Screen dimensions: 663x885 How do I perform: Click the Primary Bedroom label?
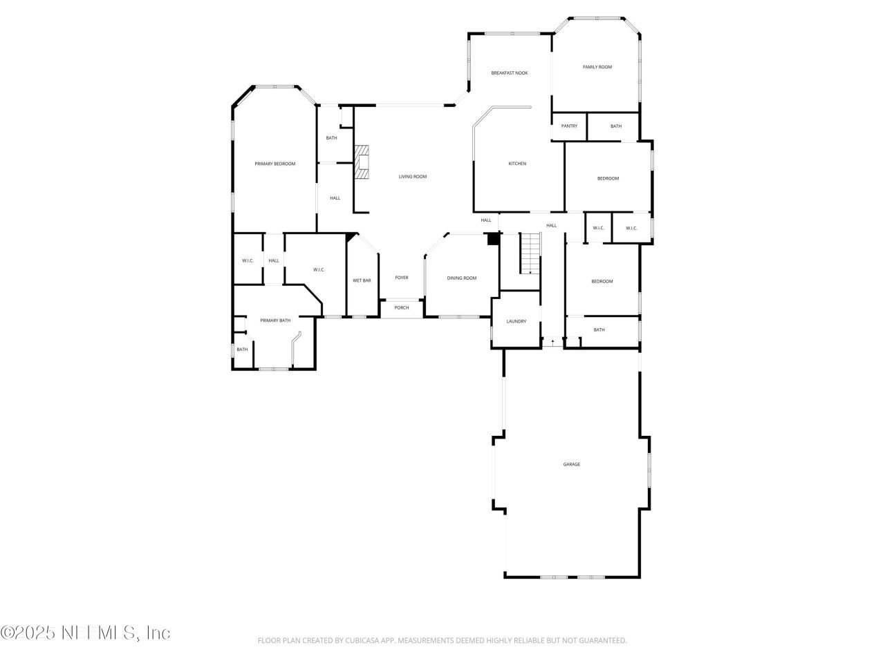click(x=274, y=164)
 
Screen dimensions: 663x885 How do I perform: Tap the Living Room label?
click(x=412, y=177)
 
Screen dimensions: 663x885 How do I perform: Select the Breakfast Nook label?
click(x=510, y=73)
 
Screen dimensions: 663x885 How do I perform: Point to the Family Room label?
click(x=597, y=67)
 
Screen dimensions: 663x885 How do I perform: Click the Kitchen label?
click(x=517, y=164)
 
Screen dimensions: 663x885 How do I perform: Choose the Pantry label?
click(x=569, y=126)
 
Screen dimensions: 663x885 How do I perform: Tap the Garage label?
click(x=571, y=464)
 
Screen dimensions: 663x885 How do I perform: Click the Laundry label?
click(x=516, y=321)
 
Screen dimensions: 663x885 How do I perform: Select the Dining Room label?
click(x=461, y=278)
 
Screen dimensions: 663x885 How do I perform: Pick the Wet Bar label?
click(x=362, y=280)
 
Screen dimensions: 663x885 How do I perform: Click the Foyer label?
click(x=401, y=278)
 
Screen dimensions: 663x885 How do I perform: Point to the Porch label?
click(x=401, y=307)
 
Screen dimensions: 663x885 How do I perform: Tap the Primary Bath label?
click(x=275, y=320)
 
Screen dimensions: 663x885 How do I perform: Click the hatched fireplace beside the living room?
click(x=362, y=162)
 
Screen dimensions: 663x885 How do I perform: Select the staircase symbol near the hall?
click(x=530, y=253)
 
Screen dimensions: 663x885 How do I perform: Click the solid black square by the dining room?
click(x=492, y=239)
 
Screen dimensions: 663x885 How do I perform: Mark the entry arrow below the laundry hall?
click(x=552, y=341)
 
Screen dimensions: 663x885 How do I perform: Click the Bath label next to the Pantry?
click(x=615, y=126)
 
